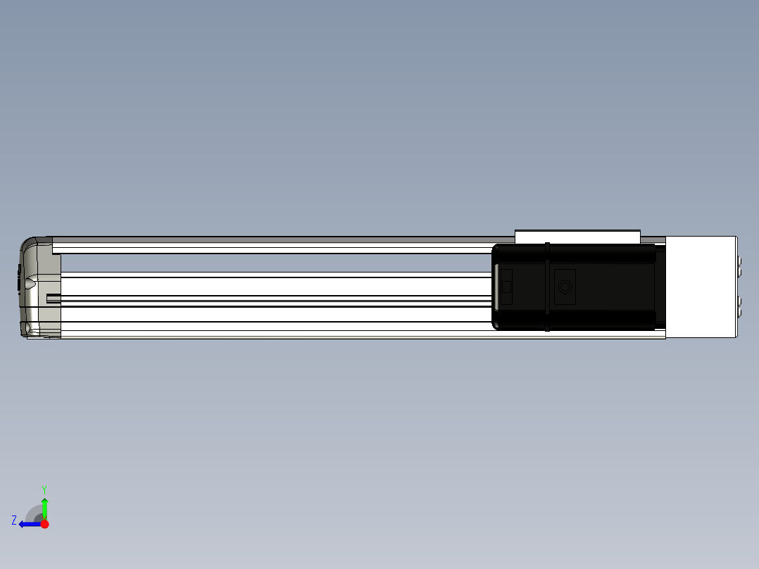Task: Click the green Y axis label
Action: (44, 489)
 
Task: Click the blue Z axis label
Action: (14, 520)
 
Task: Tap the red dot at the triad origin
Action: (44, 524)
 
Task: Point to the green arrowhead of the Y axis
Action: (44, 501)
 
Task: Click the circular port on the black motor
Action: (565, 287)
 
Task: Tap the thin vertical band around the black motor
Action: (548, 287)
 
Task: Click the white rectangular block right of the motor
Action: (701, 287)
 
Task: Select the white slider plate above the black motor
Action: (577, 237)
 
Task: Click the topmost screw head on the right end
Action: (739, 262)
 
